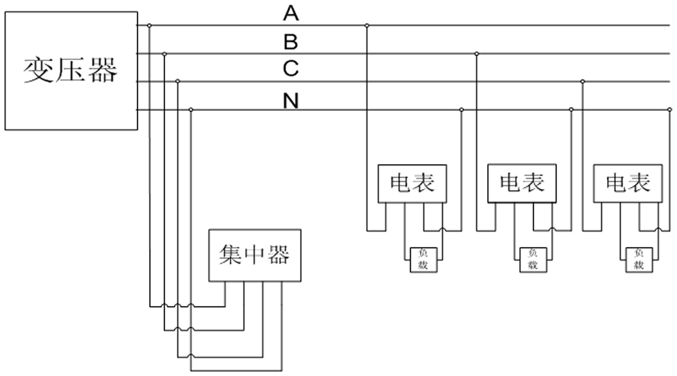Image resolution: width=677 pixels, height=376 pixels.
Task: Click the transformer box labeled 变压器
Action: (71, 70)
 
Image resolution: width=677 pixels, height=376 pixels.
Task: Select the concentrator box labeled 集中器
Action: (255, 255)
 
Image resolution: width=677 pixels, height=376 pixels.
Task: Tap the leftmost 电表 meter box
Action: (412, 183)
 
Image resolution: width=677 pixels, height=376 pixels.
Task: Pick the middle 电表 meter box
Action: (522, 183)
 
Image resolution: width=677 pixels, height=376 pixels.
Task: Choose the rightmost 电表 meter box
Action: (628, 183)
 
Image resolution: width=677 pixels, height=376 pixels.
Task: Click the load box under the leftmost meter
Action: (423, 260)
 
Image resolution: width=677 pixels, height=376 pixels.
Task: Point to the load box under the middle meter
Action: (533, 260)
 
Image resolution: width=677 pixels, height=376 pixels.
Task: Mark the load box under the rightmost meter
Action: (639, 260)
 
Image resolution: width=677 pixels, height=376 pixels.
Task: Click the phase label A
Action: (291, 14)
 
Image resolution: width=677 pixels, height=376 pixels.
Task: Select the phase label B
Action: (291, 42)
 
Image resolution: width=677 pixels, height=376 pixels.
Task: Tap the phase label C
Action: (291, 69)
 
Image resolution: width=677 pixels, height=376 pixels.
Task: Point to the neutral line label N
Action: (291, 101)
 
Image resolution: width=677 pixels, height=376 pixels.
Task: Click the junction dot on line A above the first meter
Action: (367, 25)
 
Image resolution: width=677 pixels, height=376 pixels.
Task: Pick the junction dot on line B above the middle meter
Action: (477, 54)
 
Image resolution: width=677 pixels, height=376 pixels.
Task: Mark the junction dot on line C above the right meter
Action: (582, 81)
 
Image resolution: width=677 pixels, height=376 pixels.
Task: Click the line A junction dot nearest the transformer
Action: (149, 25)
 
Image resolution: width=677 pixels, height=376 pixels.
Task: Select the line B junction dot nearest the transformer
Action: (164, 54)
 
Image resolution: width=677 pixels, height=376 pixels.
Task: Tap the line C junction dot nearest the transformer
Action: (178, 81)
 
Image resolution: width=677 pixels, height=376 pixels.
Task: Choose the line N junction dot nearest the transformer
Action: (190, 109)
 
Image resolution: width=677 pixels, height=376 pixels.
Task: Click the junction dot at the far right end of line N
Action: (670, 109)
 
